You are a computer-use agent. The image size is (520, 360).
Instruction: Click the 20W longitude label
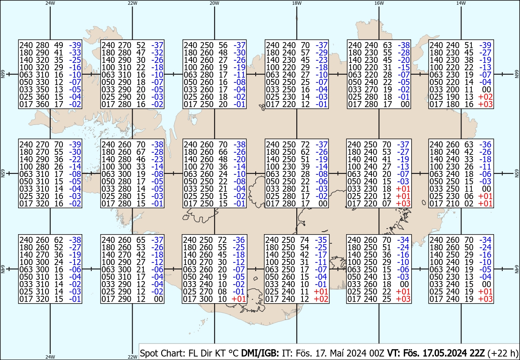point(214,3)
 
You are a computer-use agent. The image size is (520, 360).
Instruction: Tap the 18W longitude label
point(297,3)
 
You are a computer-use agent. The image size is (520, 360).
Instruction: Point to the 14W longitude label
point(461,3)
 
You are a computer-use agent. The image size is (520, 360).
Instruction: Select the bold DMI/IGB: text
point(260,353)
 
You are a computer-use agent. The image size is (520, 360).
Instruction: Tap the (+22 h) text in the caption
point(503,353)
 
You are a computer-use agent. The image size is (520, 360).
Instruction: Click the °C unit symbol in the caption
point(234,353)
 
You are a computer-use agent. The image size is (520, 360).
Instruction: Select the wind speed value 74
point(304,240)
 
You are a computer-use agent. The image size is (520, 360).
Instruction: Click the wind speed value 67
point(141,152)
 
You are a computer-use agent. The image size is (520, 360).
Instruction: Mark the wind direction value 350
point(42,89)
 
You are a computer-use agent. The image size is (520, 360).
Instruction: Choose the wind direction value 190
point(453,97)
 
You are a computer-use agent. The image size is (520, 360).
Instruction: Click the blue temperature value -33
point(75,52)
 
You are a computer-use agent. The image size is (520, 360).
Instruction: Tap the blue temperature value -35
point(321,240)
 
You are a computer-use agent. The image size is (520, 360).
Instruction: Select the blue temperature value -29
point(322,52)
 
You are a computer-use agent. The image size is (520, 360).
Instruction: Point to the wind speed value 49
point(59,45)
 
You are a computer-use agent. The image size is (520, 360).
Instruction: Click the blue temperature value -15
point(404,67)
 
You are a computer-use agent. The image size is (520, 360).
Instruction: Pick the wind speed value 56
point(223,45)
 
